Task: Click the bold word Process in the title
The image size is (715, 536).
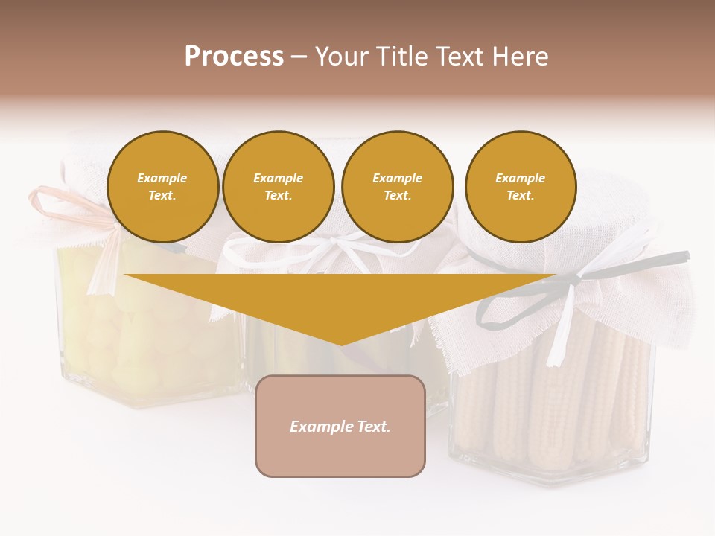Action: (234, 57)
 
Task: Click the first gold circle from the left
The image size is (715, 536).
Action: (163, 186)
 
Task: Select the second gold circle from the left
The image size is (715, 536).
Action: (279, 186)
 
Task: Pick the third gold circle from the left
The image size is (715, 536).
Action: (397, 186)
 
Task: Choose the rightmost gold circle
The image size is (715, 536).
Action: (521, 186)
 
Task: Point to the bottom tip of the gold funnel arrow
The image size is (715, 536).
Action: (340, 344)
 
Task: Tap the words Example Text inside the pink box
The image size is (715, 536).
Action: (340, 427)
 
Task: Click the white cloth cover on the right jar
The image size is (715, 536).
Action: (641, 298)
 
